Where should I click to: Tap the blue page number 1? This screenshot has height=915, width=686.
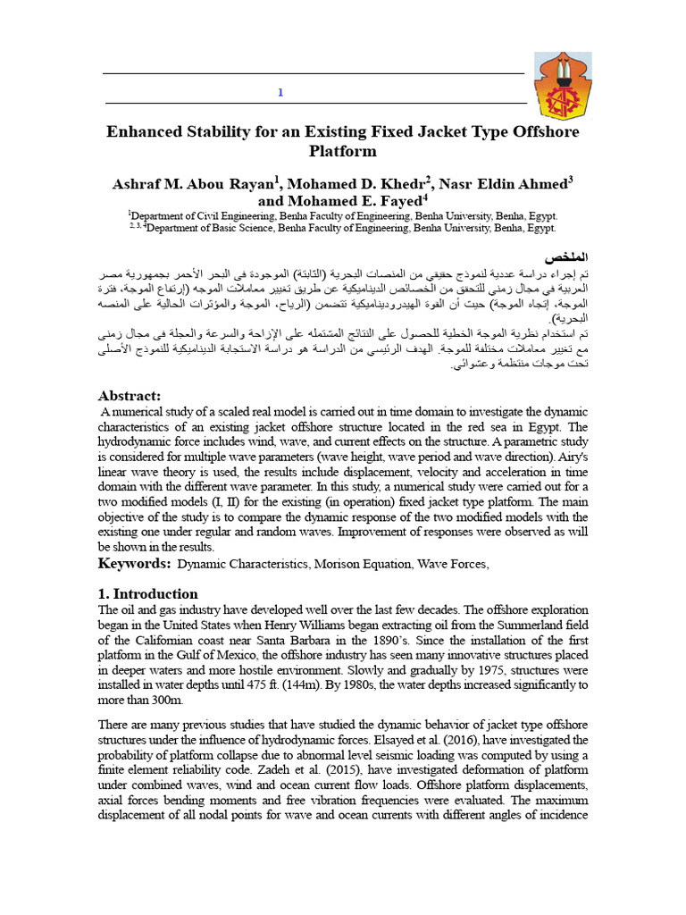coord(280,93)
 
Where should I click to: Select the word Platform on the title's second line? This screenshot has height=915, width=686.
coord(342,152)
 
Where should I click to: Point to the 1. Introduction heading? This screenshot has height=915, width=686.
coord(147,594)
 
